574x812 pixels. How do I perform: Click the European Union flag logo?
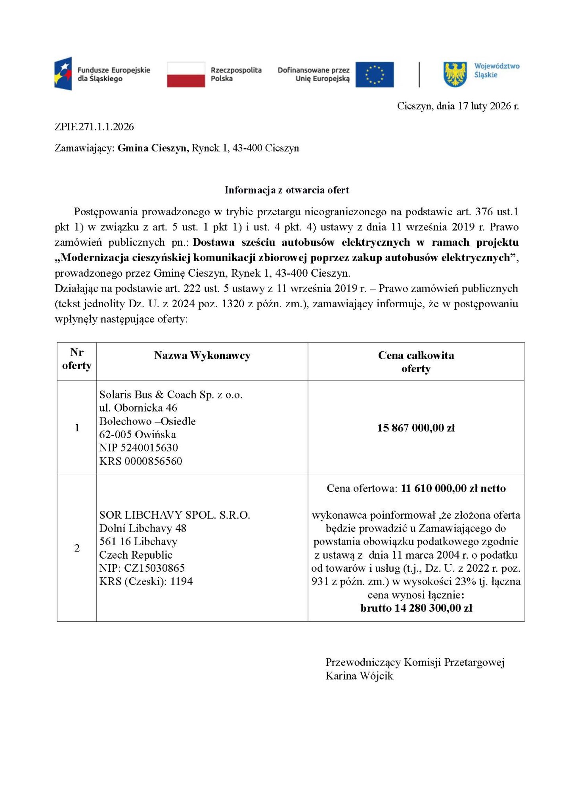(374, 75)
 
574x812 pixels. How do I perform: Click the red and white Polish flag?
(186, 75)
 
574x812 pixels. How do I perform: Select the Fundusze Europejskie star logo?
(63, 73)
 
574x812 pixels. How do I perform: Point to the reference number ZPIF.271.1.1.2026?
(94, 127)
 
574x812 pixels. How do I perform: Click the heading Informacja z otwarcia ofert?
(287, 190)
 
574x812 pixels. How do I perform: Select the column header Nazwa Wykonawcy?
(202, 355)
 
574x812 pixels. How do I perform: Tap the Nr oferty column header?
(77, 359)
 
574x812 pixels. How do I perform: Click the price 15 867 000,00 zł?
(416, 428)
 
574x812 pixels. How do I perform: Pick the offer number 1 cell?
(77, 427)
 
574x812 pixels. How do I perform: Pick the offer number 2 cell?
(77, 548)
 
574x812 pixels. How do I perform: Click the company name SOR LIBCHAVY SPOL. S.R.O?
(174, 515)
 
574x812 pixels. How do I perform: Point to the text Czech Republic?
(136, 555)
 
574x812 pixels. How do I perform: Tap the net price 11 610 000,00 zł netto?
(453, 488)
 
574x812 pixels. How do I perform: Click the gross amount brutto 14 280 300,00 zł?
(416, 608)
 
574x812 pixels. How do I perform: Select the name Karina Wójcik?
(359, 676)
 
